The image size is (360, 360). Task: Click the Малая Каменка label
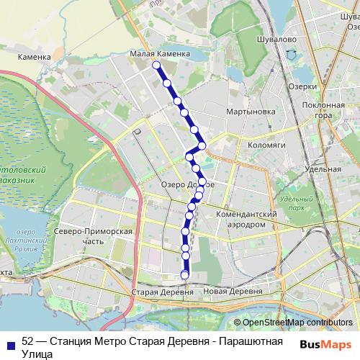[x=161, y=53]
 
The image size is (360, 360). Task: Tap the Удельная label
[x=323, y=170]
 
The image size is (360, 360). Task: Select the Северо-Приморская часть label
[x=93, y=237]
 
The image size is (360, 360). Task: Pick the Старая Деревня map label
[x=163, y=294]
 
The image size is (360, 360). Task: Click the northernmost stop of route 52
[x=156, y=66]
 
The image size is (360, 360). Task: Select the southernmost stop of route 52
[x=184, y=275]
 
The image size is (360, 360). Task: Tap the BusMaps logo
[x=325, y=344]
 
